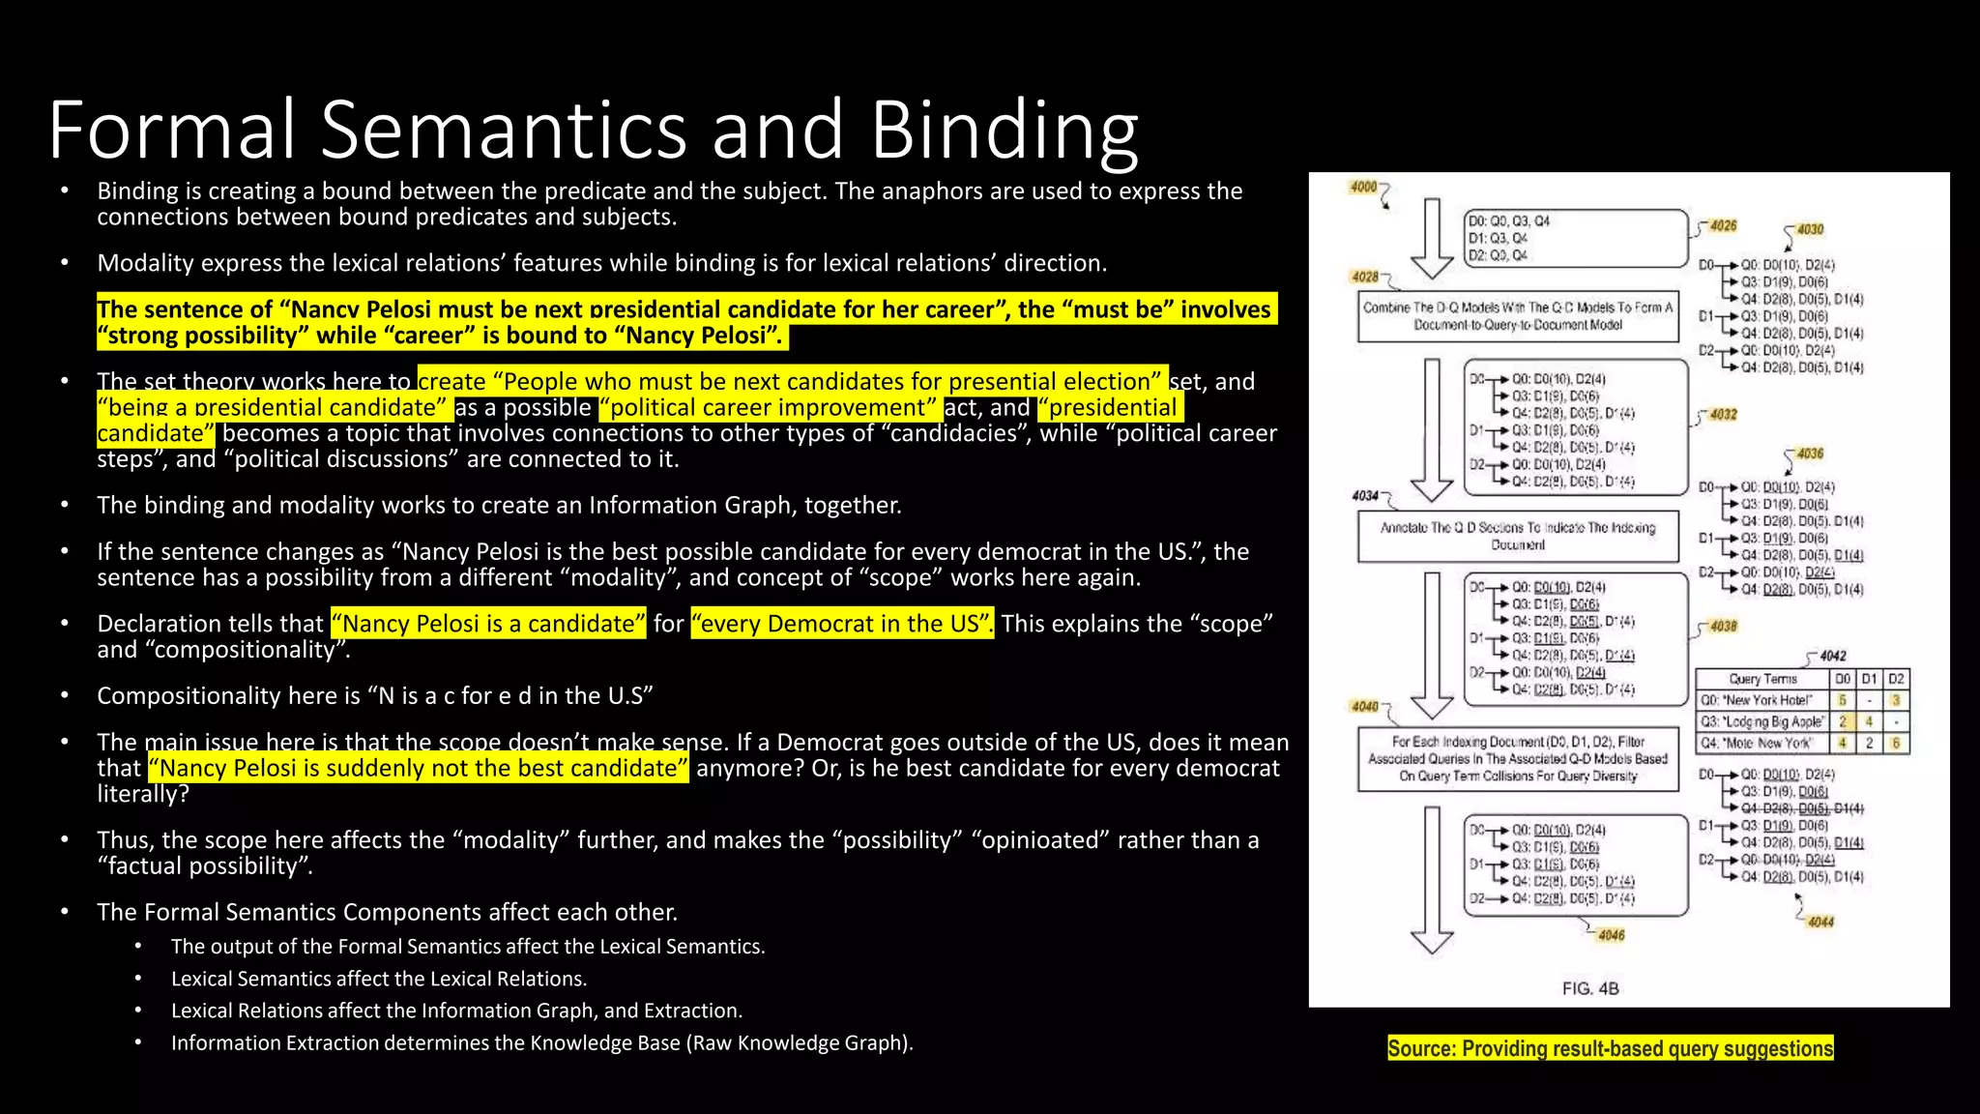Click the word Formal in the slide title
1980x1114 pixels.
pyautogui.click(x=172, y=130)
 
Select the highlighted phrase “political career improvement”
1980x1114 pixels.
pyautogui.click(x=769, y=408)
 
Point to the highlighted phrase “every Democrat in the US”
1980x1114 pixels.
pyautogui.click(x=841, y=624)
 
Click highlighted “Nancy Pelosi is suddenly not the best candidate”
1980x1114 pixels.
pyautogui.click(x=419, y=769)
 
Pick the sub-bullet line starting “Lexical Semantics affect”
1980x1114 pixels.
pyautogui.click(x=379, y=979)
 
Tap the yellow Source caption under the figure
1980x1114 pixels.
pyautogui.click(x=1610, y=1048)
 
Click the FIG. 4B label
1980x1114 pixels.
pyautogui.click(x=1590, y=988)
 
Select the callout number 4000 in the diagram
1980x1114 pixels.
pyautogui.click(x=1363, y=187)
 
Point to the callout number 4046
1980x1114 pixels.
pyautogui.click(x=1611, y=935)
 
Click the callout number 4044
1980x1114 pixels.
pyautogui.click(x=1820, y=922)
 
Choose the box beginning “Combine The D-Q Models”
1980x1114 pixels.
pyautogui.click(x=1518, y=316)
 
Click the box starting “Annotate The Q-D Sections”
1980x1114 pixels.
pyautogui.click(x=1518, y=536)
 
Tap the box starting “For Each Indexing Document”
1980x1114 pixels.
pyautogui.click(x=1518, y=759)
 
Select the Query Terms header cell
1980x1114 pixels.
pyautogui.click(x=1762, y=679)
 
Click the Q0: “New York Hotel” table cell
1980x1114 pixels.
pyautogui.click(x=1762, y=700)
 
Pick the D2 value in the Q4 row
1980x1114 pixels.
pyautogui.click(x=1896, y=743)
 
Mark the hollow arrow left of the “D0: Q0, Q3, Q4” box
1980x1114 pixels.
pyautogui.click(x=1432, y=239)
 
